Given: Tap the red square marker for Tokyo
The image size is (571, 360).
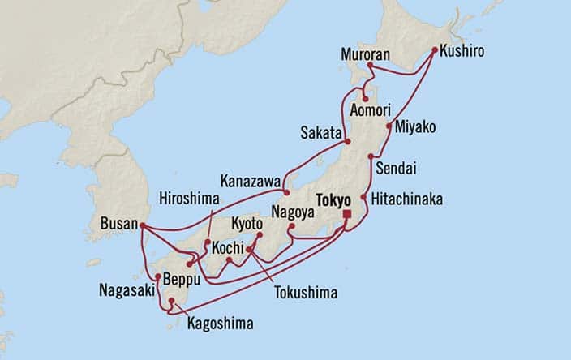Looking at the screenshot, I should click(347, 214).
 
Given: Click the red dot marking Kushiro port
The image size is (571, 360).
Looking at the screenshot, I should click(435, 51).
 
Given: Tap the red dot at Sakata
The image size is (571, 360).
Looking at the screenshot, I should click(347, 143).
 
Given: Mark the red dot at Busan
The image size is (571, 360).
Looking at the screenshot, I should click(142, 226).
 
